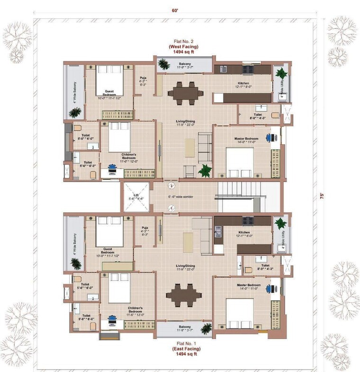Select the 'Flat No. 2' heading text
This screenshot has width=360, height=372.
pos(184,41)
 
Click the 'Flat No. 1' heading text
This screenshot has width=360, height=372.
pos(184,344)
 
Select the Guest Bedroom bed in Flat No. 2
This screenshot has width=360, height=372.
pos(109,81)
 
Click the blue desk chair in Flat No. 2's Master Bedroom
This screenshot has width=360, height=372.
pos(269,138)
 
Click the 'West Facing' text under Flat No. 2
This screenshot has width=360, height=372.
pos(184,46)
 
